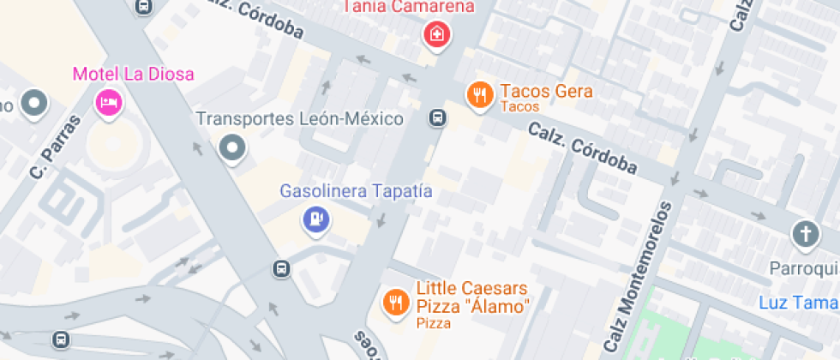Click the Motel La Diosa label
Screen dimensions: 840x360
point(133,74)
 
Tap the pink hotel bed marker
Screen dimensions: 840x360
point(109,103)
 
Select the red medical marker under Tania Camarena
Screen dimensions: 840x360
point(437,35)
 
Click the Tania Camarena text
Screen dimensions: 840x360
point(409,8)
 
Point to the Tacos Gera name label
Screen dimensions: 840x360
point(546,91)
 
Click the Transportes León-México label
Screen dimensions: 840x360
point(300,118)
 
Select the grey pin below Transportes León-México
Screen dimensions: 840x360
point(232,149)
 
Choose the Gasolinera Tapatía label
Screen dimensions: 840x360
point(356,190)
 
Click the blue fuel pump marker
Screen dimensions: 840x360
point(316,220)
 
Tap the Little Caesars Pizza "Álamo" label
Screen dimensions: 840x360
point(472,297)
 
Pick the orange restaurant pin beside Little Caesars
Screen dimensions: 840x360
point(395,302)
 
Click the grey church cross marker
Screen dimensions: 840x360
point(805,234)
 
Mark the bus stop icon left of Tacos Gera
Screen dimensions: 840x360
point(437,117)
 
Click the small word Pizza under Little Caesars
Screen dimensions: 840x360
point(434,323)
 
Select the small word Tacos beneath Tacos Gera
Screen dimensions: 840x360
point(519,107)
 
